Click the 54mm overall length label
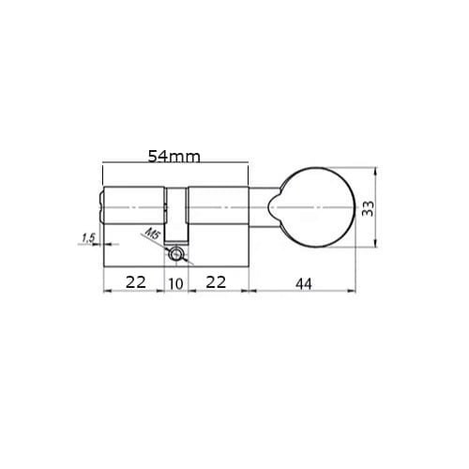pyautogui.click(x=174, y=157)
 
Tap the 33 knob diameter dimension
pyautogui.click(x=368, y=208)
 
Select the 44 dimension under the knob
pyautogui.click(x=304, y=284)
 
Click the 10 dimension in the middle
pyautogui.click(x=175, y=284)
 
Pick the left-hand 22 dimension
pyautogui.click(x=136, y=282)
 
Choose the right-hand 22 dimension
pyautogui.click(x=216, y=282)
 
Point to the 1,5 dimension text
pyautogui.click(x=88, y=238)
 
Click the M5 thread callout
pyautogui.click(x=153, y=234)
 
